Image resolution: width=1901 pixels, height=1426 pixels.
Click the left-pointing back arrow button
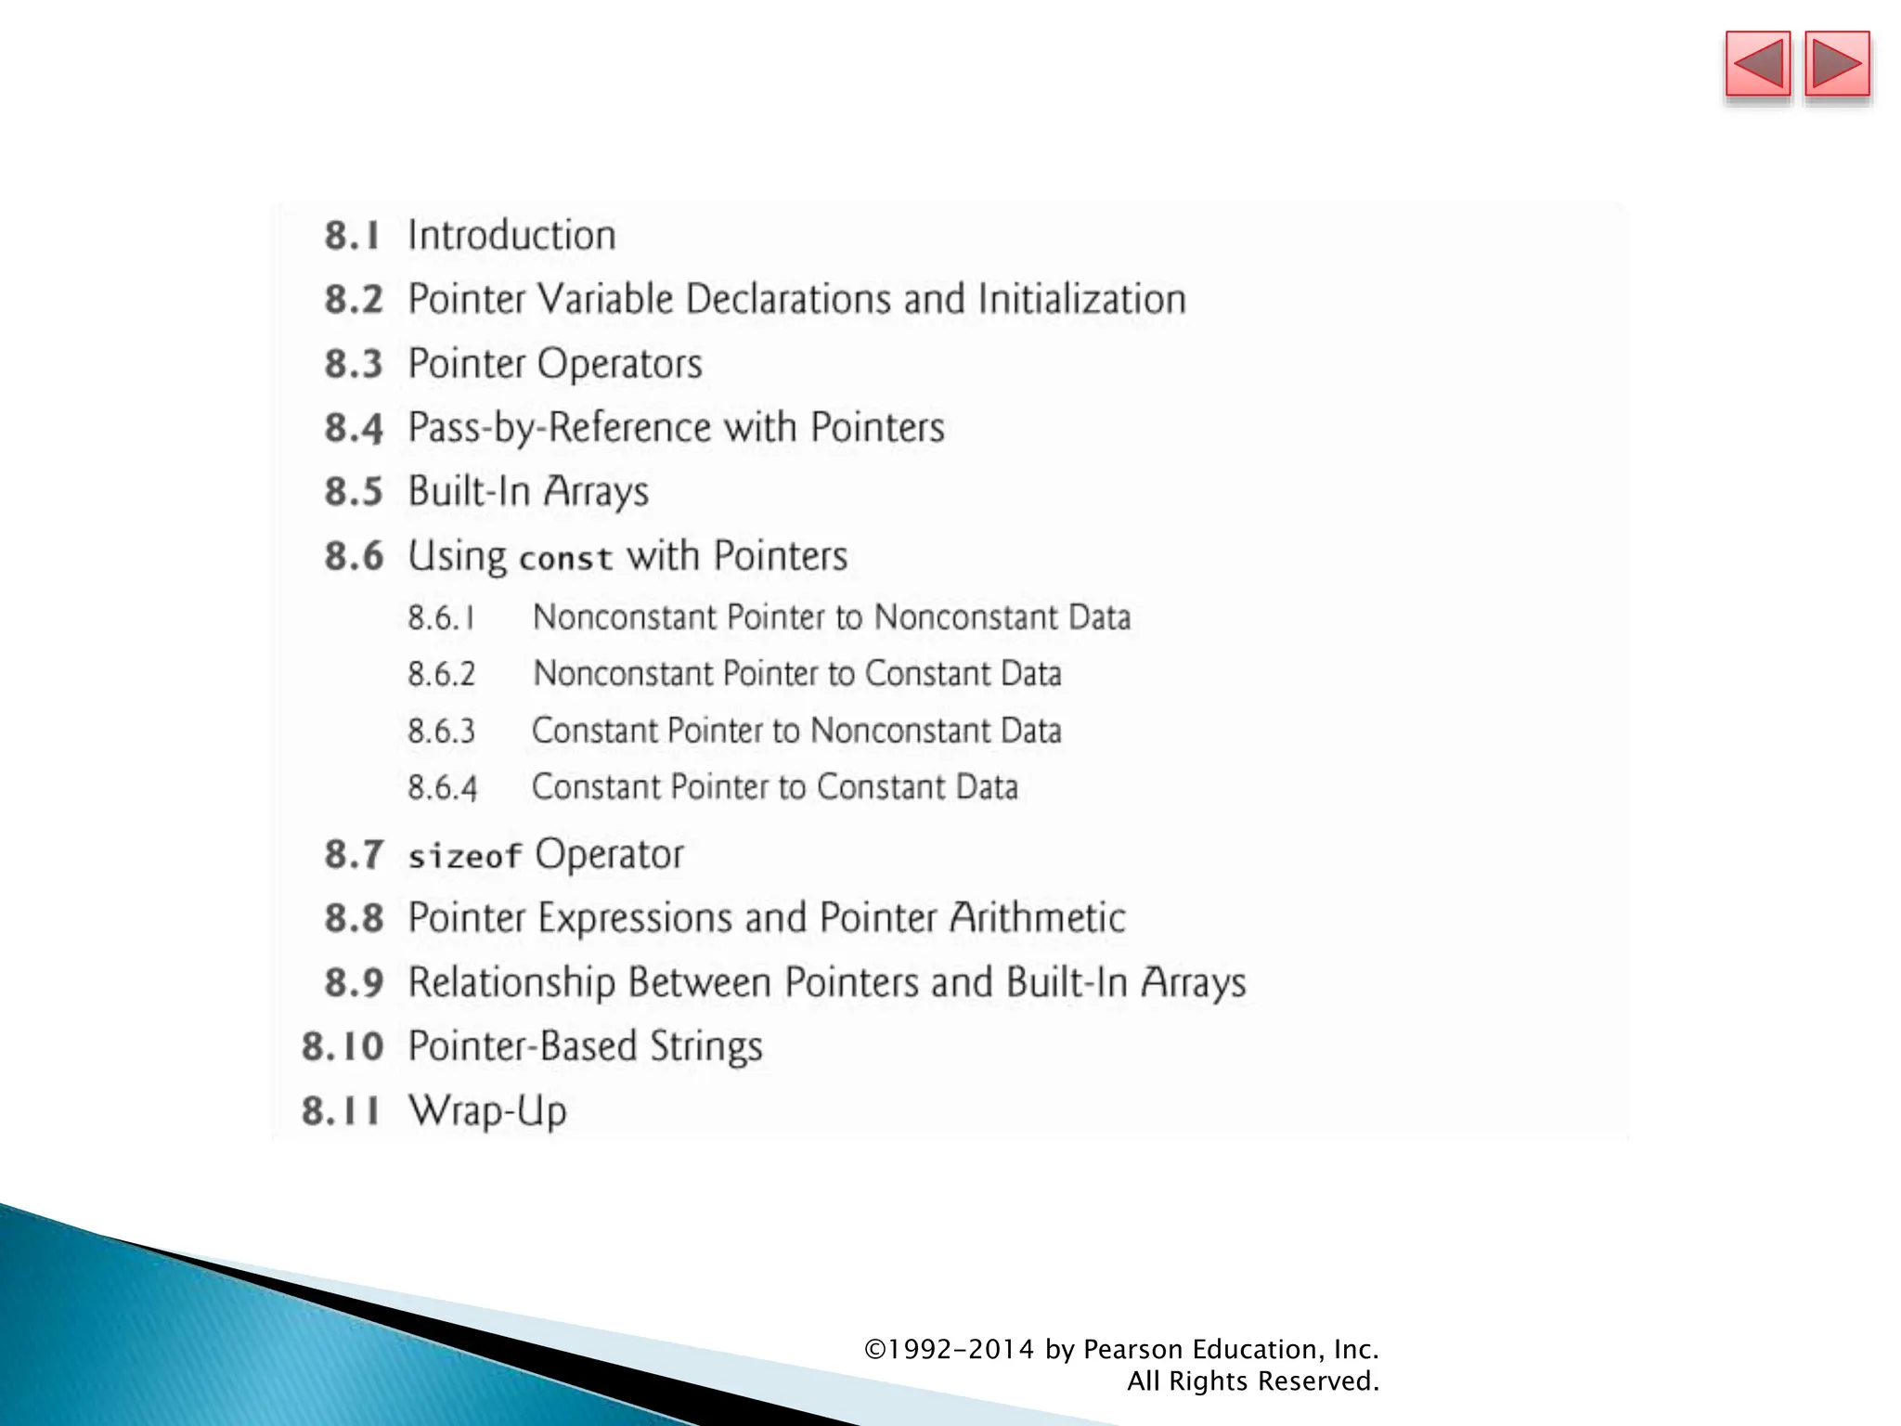pos(1757,65)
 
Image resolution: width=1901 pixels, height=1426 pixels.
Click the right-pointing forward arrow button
pos(1837,65)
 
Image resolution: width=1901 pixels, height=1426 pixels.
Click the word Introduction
pos(511,236)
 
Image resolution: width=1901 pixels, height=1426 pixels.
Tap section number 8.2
pos(354,300)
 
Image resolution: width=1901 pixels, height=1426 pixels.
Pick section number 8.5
pos(354,492)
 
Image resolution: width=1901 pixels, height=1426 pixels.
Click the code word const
pos(566,558)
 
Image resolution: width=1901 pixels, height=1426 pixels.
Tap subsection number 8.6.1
pos(442,618)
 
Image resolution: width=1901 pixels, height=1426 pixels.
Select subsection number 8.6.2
pos(442,675)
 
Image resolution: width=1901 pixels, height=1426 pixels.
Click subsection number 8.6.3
pos(442,732)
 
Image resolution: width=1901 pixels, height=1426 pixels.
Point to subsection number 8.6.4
pos(443,788)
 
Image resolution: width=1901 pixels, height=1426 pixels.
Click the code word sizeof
pos(465,856)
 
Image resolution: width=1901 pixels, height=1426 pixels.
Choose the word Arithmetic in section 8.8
pos(1037,918)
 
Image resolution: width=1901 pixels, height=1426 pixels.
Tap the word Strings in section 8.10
pos(705,1047)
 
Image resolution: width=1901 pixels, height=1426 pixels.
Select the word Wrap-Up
pos(487,1111)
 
